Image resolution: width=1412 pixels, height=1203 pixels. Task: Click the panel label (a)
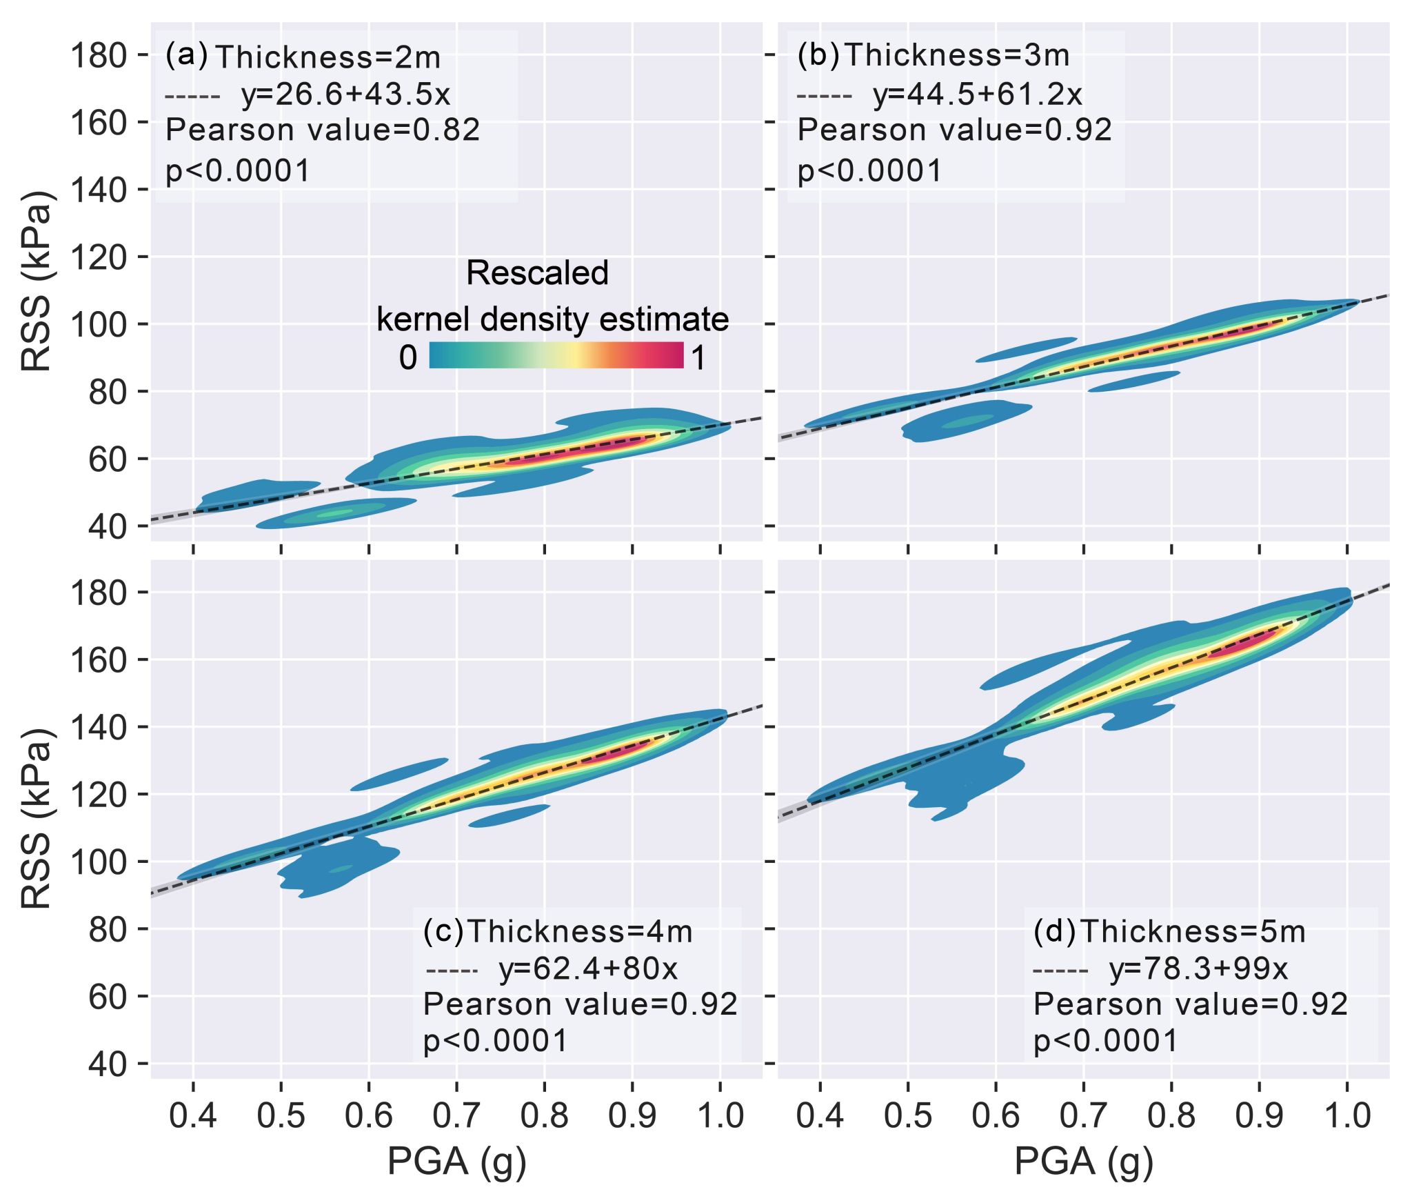(x=186, y=55)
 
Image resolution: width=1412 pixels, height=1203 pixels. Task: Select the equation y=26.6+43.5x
(x=345, y=95)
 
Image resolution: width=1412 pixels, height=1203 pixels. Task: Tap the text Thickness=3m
(x=957, y=55)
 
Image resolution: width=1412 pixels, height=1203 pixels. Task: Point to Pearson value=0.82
(x=323, y=130)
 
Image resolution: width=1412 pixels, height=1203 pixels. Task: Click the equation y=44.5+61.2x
(x=978, y=95)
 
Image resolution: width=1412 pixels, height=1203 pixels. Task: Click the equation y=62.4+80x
(x=588, y=968)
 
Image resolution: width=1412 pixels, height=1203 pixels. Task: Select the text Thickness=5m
(x=1193, y=931)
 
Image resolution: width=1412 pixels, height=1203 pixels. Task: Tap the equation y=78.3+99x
(x=1198, y=968)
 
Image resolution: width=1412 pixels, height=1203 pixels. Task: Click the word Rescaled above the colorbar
(x=537, y=273)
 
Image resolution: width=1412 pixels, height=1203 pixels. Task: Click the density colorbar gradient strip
(x=556, y=355)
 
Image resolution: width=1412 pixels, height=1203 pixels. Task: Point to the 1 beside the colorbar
(x=698, y=358)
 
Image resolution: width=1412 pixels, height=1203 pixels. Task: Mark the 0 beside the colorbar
(x=407, y=358)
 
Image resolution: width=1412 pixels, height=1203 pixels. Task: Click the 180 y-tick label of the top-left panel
(x=99, y=55)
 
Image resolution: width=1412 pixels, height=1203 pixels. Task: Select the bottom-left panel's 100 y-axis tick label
(x=99, y=862)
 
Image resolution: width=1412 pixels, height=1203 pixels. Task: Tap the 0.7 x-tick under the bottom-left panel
(x=456, y=1116)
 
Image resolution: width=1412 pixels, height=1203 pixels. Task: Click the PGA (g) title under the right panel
(x=1083, y=1161)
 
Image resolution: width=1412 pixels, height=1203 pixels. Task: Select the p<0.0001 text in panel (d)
(x=1106, y=1040)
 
